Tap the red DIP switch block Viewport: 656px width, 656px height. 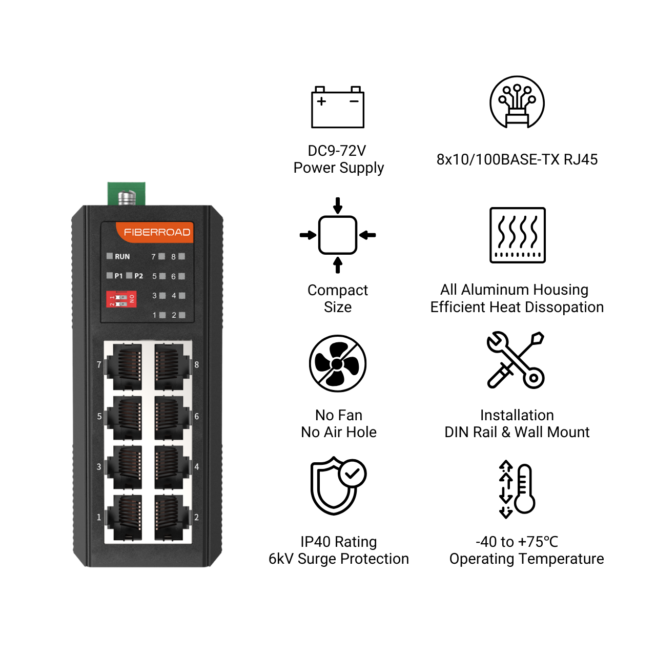(121, 299)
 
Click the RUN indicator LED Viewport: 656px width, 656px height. (110, 256)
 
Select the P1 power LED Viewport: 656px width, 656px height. (110, 275)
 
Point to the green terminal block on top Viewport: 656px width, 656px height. (126, 194)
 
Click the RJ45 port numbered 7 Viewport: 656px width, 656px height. (123, 366)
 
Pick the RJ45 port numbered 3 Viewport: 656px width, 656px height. (123, 467)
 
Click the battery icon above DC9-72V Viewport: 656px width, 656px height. (338, 107)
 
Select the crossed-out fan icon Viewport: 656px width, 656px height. (338, 364)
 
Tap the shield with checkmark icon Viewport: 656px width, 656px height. (338, 486)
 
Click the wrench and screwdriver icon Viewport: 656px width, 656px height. (516, 360)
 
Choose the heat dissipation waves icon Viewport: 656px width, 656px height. (518, 235)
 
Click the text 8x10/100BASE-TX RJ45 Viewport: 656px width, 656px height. (517, 159)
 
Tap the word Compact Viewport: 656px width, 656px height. (338, 291)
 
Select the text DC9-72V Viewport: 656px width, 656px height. (337, 151)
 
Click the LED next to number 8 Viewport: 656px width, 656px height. (182, 256)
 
